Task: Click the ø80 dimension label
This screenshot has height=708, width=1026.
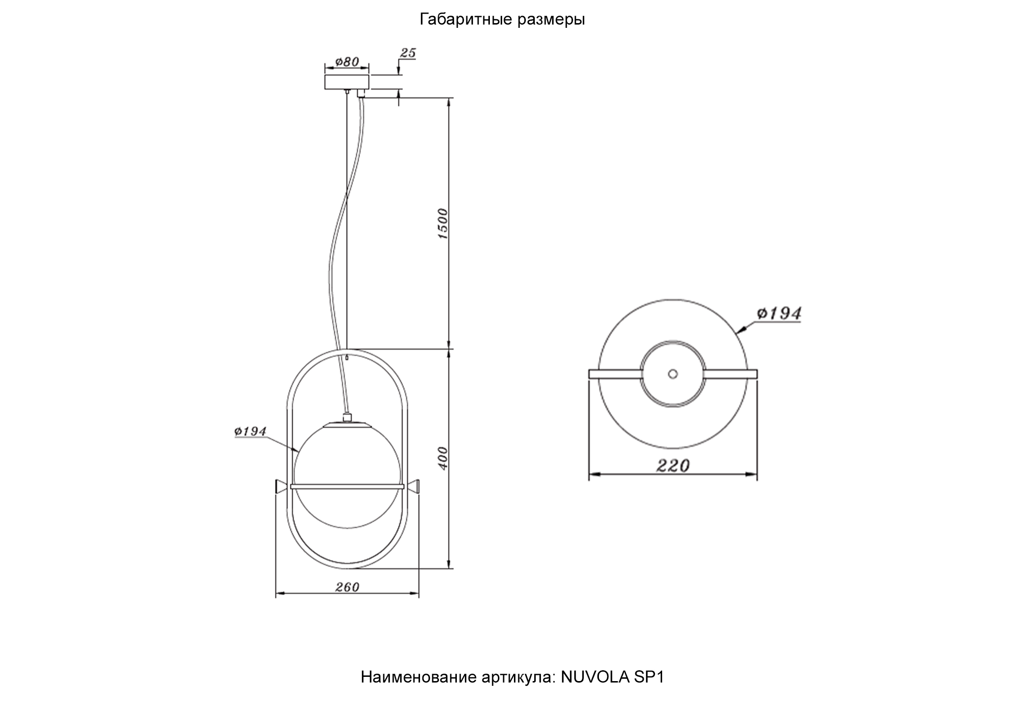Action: (347, 62)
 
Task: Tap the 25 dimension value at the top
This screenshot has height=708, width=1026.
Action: (408, 53)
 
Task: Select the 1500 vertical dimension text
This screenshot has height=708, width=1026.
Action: (443, 223)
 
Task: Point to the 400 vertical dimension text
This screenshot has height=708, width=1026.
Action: (443, 458)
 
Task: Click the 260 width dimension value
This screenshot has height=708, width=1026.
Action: (347, 587)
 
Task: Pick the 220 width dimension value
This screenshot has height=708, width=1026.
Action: (673, 466)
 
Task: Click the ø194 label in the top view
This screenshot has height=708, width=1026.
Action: (779, 313)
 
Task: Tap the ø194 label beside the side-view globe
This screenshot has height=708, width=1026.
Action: (251, 431)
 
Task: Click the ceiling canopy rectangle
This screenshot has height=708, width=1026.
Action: (347, 81)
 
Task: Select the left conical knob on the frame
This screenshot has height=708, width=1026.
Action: (281, 487)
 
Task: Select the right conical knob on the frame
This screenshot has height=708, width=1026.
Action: (414, 487)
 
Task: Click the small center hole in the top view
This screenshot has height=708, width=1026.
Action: (673, 374)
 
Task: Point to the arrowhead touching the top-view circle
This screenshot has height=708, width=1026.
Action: (741, 329)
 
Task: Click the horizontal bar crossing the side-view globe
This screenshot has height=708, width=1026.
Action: (347, 486)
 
